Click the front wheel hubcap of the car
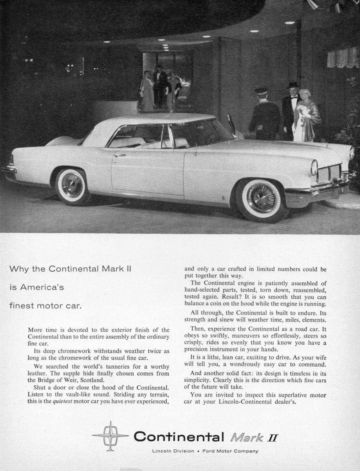click(x=261, y=198)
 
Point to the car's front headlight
click(x=314, y=168)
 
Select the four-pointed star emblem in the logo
click(x=110, y=435)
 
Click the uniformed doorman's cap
click(x=261, y=91)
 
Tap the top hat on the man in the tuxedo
click(x=292, y=85)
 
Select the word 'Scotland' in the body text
click(x=91, y=380)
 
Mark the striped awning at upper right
click(x=342, y=59)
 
